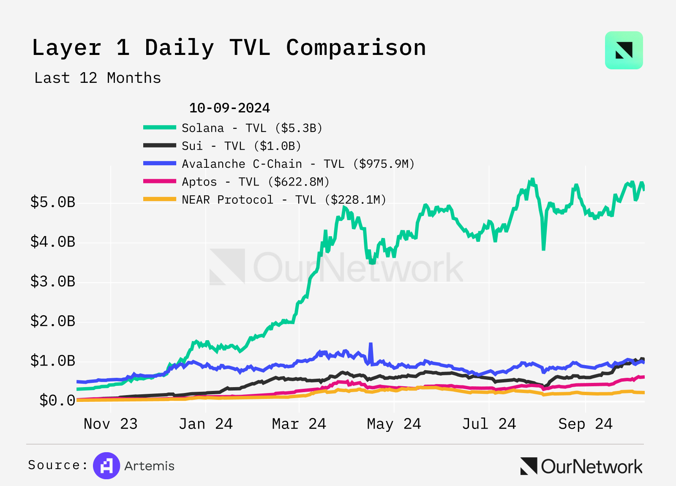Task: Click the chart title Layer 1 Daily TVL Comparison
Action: (229, 47)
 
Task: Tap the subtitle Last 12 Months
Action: (98, 78)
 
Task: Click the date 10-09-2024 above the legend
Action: (229, 108)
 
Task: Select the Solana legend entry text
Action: (252, 128)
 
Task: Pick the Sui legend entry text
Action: (241, 146)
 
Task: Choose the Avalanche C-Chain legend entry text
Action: (298, 164)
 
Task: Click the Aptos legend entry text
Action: (255, 182)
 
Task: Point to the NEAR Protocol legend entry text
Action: (284, 200)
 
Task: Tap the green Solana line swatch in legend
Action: (160, 128)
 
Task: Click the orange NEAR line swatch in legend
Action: (160, 199)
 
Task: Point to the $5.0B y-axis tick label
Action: (53, 202)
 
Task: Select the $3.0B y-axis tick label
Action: (53, 281)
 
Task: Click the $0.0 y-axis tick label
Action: (57, 400)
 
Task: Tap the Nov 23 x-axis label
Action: (111, 424)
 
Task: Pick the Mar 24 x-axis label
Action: (299, 424)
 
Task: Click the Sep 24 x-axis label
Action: (585, 424)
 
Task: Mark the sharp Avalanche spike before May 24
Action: (371, 344)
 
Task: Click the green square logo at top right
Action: (624, 50)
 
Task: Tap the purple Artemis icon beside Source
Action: (106, 466)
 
